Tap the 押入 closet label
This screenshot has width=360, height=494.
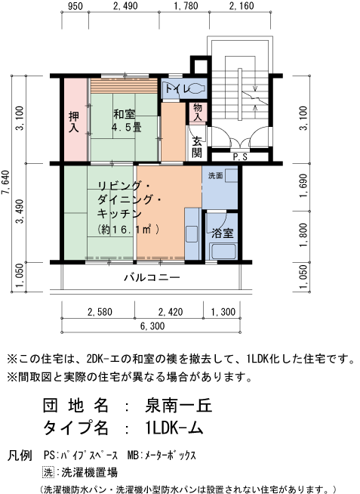[x=73, y=122]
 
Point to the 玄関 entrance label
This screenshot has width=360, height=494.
[x=197, y=147]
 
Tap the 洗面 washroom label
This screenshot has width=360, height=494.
[x=215, y=175]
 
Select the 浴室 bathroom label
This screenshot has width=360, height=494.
[x=223, y=233]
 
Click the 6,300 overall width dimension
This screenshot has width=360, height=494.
[x=152, y=326]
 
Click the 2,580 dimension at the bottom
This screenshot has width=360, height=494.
[x=100, y=311]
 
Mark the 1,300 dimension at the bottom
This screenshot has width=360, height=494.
[x=223, y=311]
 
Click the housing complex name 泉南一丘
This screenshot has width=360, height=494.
[x=179, y=406]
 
